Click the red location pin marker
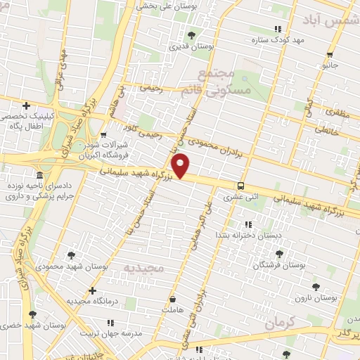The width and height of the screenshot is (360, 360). (181, 165)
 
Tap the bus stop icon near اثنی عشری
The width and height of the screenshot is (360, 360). (241, 186)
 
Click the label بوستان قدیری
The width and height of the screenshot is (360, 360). (192, 46)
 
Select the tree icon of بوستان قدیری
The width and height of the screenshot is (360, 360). (192, 34)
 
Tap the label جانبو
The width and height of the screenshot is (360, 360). (330, 65)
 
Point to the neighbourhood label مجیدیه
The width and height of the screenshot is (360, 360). (142, 269)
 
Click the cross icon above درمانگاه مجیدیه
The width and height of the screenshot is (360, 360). (92, 290)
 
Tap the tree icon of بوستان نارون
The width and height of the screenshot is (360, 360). (314, 286)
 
